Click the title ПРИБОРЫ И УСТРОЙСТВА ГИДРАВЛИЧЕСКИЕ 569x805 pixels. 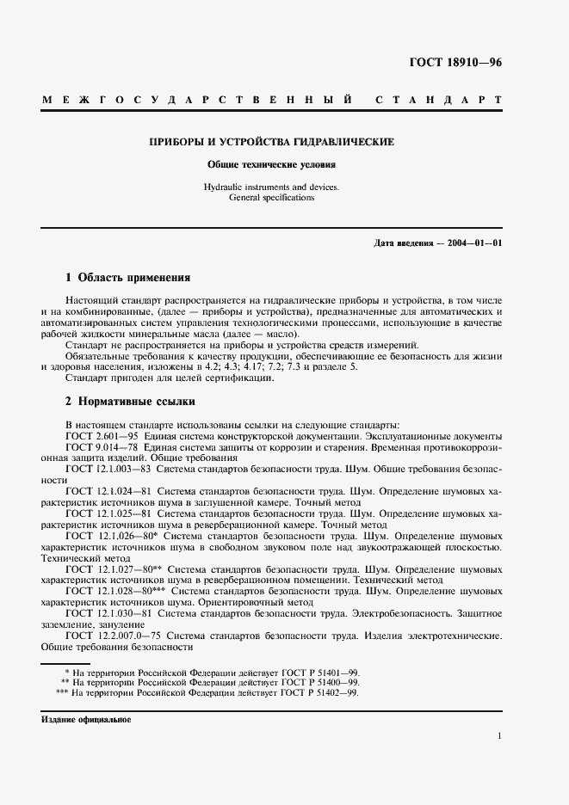click(x=272, y=142)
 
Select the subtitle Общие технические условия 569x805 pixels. click(x=272, y=163)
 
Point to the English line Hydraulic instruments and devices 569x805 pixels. click(x=272, y=187)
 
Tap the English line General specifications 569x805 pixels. click(x=272, y=198)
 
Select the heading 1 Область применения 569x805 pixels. click(x=127, y=279)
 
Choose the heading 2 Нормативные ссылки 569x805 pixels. click(x=130, y=402)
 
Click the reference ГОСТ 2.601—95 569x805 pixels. click(x=102, y=436)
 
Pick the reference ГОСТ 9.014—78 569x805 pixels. click(x=102, y=447)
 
